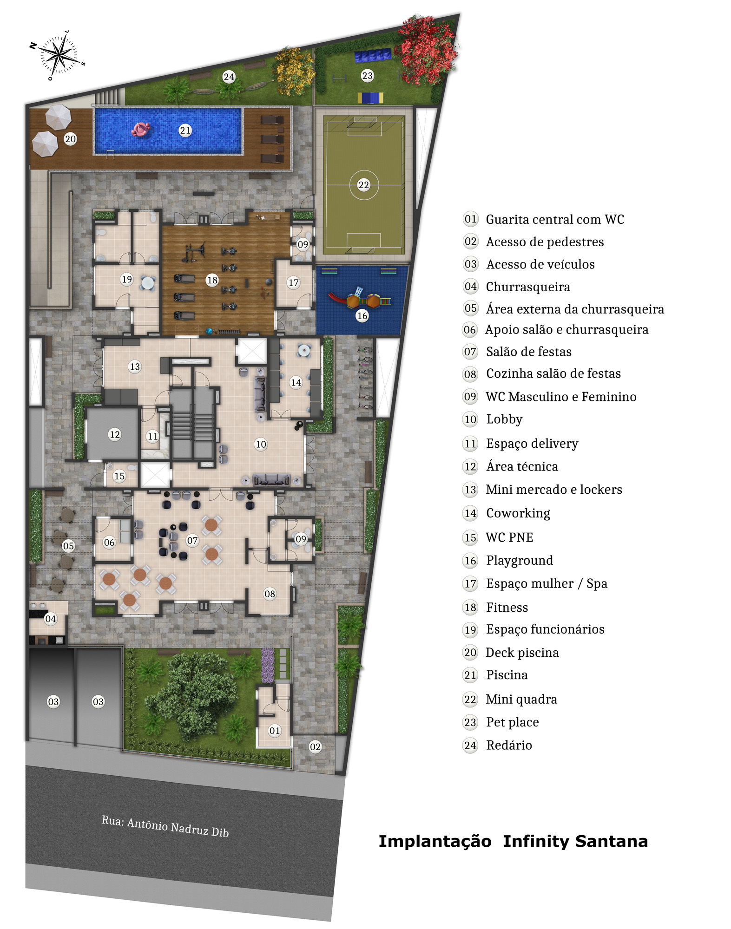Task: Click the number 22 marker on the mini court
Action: [x=363, y=185]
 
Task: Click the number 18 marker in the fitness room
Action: [x=212, y=280]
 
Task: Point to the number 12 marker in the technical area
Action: [x=115, y=434]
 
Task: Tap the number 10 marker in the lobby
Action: [x=261, y=444]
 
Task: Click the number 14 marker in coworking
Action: [x=296, y=382]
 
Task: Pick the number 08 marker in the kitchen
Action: [x=270, y=594]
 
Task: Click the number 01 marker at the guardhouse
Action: [x=275, y=731]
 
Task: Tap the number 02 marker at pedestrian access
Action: [x=315, y=747]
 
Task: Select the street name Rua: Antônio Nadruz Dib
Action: [x=165, y=826]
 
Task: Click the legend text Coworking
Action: [x=518, y=513]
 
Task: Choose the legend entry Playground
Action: [x=520, y=561]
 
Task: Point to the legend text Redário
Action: [x=509, y=745]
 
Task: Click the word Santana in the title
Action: [x=611, y=841]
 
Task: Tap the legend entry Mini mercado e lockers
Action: [x=554, y=490]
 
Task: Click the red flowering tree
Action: [x=427, y=50]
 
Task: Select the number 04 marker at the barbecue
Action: [x=51, y=619]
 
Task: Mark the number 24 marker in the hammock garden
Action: [x=229, y=77]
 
